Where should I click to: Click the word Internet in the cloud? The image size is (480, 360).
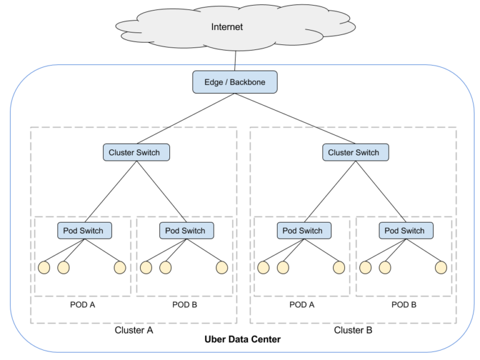[x=227, y=27]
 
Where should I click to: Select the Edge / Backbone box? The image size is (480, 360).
[x=234, y=82]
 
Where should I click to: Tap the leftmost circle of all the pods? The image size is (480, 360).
[x=44, y=267]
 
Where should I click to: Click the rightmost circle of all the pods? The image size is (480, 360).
[x=441, y=267]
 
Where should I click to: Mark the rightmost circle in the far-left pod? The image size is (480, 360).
[x=120, y=267]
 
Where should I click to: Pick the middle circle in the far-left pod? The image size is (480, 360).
[x=63, y=267]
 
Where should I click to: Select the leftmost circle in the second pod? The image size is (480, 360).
[x=146, y=267]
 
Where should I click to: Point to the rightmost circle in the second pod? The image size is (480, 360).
[x=222, y=267]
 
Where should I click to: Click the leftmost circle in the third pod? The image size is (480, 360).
[x=263, y=267]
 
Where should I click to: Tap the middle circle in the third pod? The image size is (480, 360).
[x=282, y=267]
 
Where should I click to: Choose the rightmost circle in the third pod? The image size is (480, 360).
[x=339, y=267]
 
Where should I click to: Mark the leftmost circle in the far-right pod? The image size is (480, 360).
[x=365, y=267]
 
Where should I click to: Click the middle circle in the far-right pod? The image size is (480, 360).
[x=384, y=267]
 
